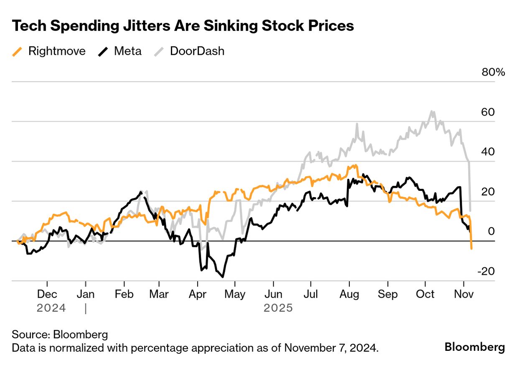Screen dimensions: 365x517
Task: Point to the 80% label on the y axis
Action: [x=494, y=72]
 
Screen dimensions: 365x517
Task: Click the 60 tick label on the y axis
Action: [x=488, y=112]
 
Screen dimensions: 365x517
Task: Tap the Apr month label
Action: [x=198, y=294]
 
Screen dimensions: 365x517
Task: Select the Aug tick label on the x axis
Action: [x=349, y=294]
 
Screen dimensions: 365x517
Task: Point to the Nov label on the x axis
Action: [x=463, y=294]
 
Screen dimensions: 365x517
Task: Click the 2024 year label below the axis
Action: [x=51, y=308]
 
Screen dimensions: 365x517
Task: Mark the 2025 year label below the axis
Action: [x=278, y=308]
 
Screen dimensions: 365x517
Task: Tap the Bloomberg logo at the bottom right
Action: [x=474, y=347]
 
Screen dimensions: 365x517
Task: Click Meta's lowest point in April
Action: [x=223, y=277]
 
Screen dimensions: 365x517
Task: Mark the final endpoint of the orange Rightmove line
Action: [x=471, y=249]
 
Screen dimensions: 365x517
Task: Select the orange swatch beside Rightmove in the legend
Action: [x=17, y=52]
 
